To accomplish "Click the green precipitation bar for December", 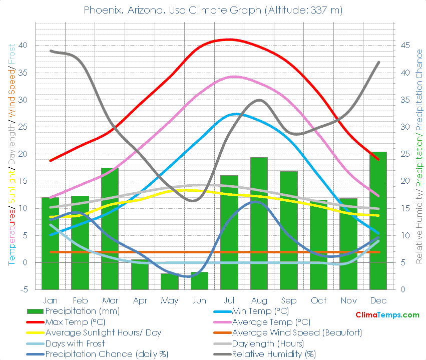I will [378, 220].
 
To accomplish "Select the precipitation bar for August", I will [259, 223].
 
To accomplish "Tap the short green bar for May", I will [169, 281].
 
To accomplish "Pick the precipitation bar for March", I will [110, 228].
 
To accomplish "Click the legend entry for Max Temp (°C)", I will [75, 322].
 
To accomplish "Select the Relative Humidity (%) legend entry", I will [274, 354].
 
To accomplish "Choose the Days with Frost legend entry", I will [75, 343].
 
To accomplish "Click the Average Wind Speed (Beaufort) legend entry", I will [297, 332].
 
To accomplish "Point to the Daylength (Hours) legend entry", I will [268, 343].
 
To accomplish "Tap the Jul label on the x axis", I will [229, 300].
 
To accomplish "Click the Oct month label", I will [318, 300].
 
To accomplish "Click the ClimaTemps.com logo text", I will [387, 315].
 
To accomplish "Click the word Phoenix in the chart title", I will [101, 10].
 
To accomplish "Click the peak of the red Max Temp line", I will [229, 39].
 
